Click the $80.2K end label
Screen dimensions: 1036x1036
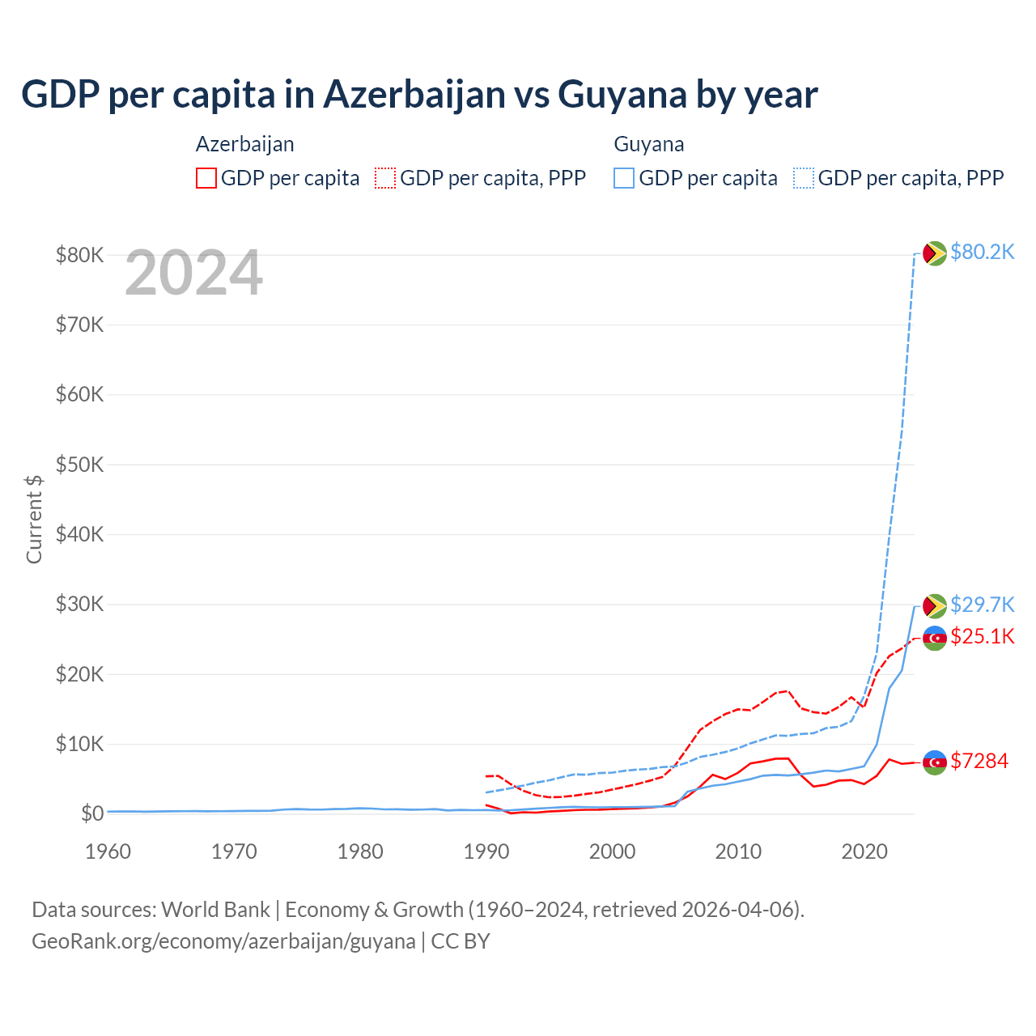[982, 253]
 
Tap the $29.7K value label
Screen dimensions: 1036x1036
[982, 605]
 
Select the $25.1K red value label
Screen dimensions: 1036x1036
[982, 637]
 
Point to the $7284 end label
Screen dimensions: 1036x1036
[979, 762]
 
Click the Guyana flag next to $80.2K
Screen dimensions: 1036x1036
[935, 253]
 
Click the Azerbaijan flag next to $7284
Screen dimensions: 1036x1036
[935, 762]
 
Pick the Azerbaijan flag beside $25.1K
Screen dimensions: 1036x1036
[935, 638]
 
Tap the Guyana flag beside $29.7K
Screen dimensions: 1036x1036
[935, 605]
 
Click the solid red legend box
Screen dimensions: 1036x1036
[206, 178]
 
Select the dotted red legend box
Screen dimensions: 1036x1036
[385, 178]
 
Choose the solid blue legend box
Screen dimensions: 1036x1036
[624, 178]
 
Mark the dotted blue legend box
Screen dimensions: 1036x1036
[804, 178]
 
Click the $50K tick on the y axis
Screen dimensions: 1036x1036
[79, 465]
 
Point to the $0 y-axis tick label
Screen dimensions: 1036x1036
[91, 814]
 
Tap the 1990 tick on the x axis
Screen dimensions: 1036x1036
[486, 851]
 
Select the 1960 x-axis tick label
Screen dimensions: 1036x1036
[108, 851]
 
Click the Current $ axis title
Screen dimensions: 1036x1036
[34, 519]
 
